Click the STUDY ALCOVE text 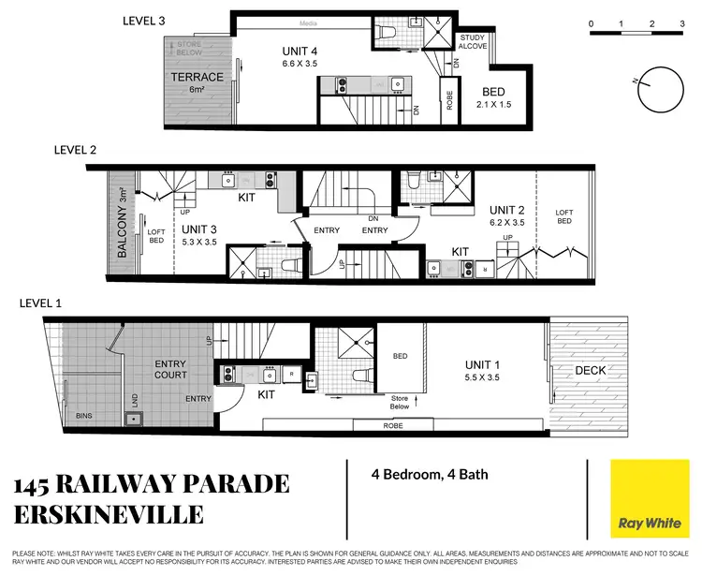coord(471,43)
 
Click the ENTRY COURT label coord(170,369)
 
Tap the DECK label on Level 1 coord(591,370)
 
